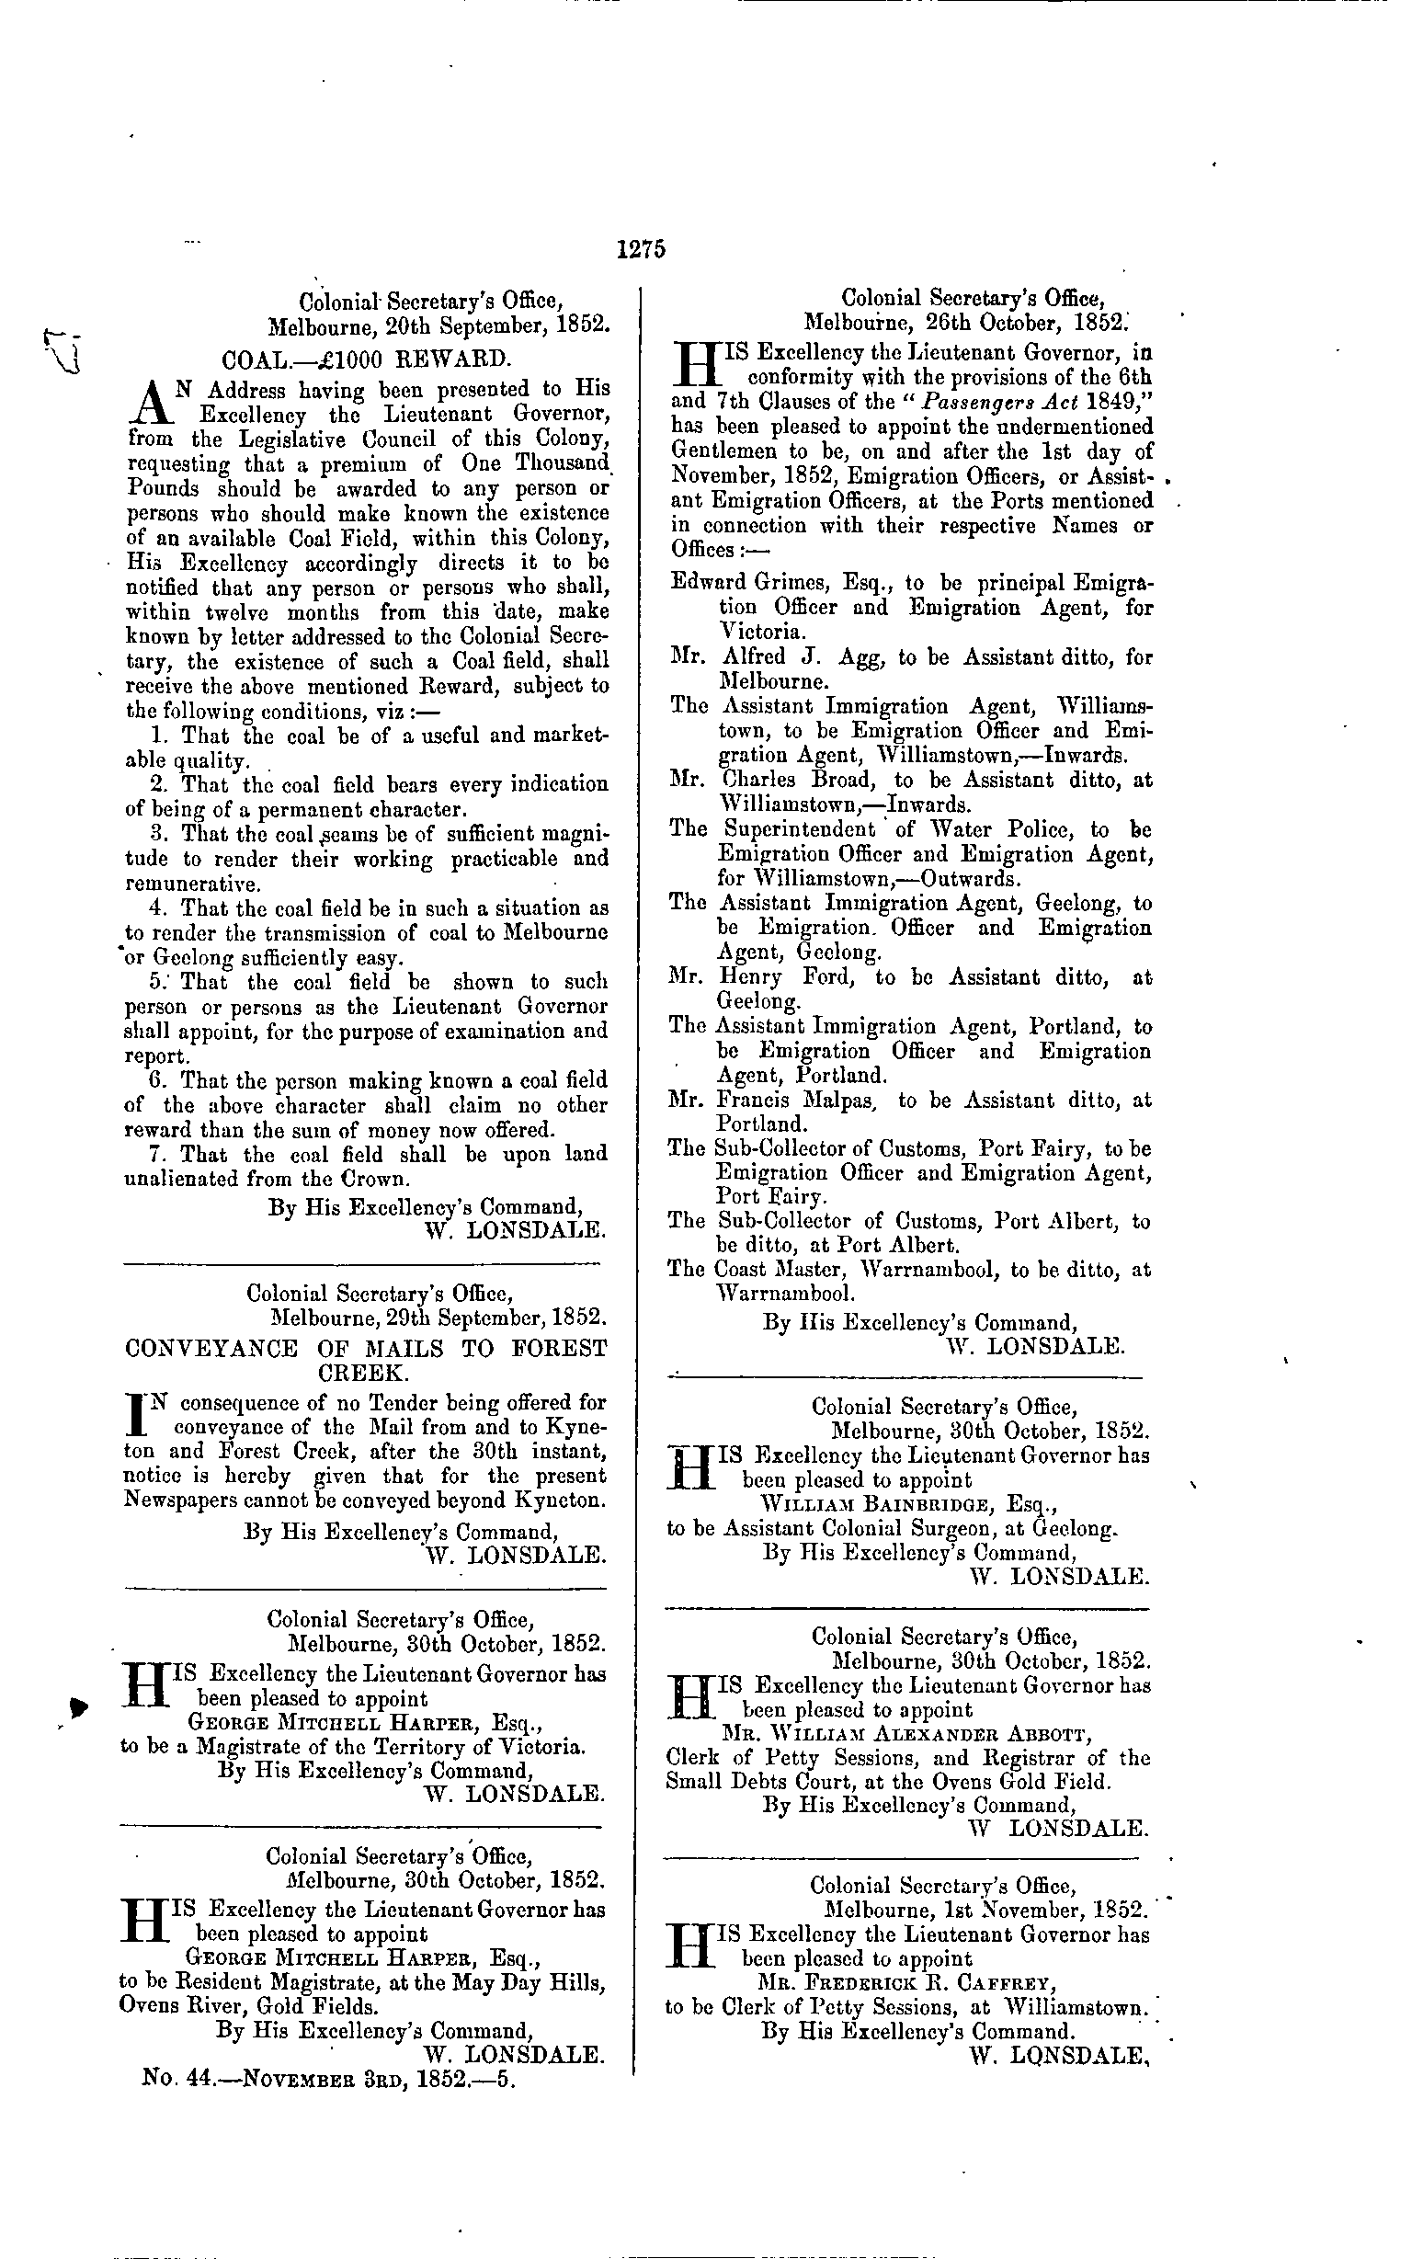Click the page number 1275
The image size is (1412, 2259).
pyautogui.click(x=640, y=249)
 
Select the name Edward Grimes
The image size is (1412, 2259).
pyautogui.click(x=748, y=584)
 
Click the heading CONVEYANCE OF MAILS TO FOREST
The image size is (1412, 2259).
pyautogui.click(x=365, y=1349)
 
